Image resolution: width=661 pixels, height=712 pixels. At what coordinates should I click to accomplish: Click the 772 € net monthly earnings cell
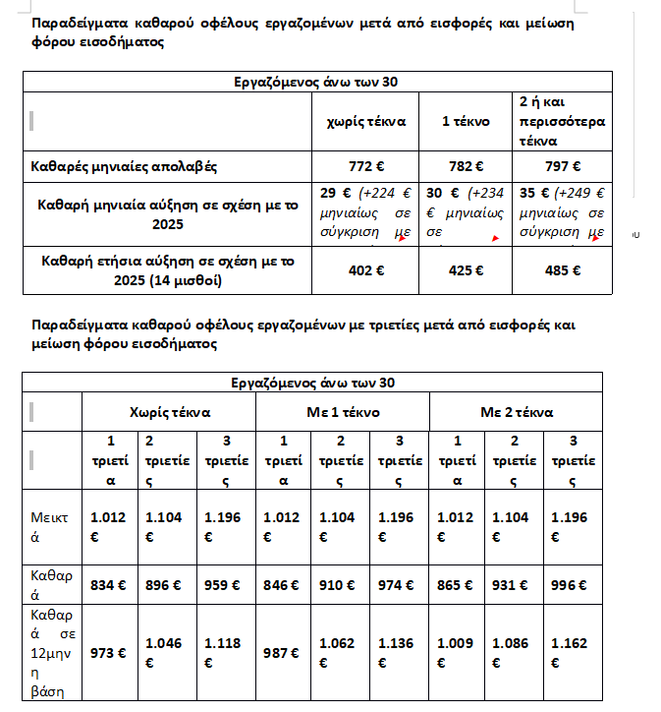(x=364, y=166)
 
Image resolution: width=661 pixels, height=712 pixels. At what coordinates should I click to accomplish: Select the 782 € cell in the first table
(x=464, y=166)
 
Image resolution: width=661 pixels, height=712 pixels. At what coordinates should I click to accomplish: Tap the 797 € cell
(x=562, y=166)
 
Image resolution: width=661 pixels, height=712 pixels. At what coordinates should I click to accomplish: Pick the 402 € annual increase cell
(x=364, y=271)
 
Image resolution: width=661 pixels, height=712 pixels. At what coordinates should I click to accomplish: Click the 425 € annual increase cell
(x=464, y=271)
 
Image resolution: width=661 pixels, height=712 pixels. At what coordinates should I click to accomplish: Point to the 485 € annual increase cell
(x=562, y=271)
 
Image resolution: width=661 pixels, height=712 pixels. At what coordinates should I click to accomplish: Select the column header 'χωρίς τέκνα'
(x=364, y=121)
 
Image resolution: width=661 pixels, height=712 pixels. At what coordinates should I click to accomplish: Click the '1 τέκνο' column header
(x=464, y=121)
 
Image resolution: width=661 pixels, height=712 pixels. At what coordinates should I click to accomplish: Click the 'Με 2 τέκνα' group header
(x=517, y=412)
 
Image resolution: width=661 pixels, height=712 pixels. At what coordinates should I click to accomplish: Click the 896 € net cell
(x=165, y=585)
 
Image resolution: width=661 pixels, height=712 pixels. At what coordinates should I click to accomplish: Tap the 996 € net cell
(x=570, y=585)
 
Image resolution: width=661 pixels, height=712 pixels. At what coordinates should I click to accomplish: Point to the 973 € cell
(x=107, y=652)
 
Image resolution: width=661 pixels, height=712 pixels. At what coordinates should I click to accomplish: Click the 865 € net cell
(x=457, y=585)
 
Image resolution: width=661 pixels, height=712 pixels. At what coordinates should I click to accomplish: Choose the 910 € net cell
(x=339, y=585)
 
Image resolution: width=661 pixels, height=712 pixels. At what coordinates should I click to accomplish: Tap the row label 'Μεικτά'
(x=51, y=529)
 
